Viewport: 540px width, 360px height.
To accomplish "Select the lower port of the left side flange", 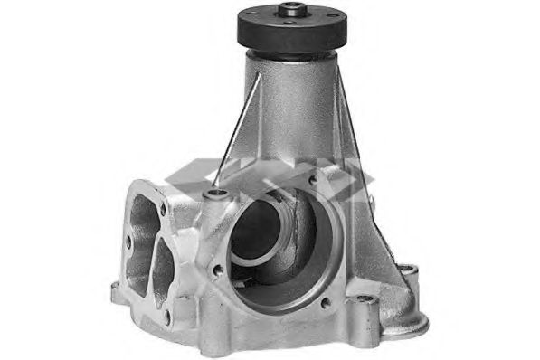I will point(163,267).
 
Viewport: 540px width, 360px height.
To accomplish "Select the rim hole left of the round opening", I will point(218,270).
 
